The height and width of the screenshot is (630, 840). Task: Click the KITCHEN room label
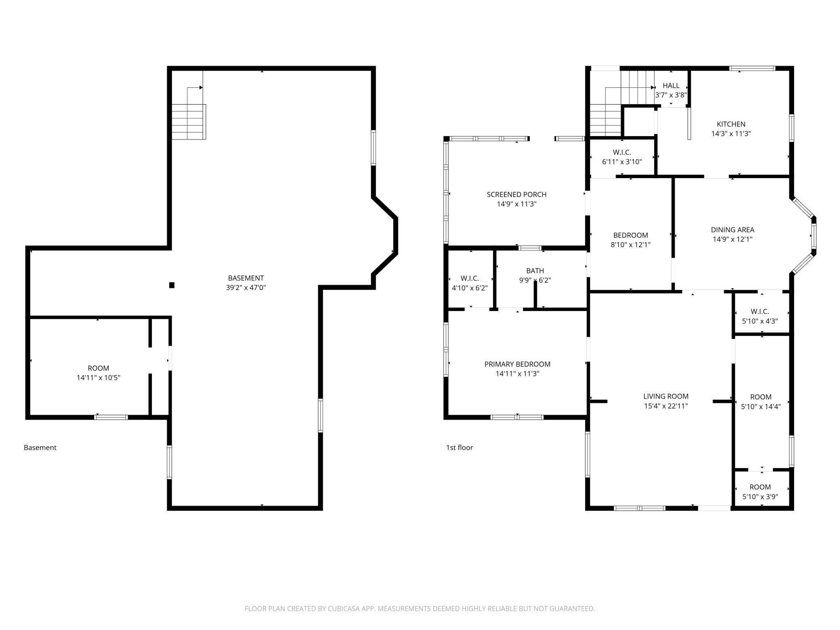tap(731, 124)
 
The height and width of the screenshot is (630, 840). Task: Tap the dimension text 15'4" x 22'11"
tap(666, 406)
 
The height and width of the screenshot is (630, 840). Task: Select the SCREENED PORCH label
tap(517, 195)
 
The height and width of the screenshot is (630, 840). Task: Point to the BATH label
tap(535, 271)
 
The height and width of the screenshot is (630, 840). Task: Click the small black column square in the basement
tap(172, 285)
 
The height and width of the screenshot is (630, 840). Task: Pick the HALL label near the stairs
tap(671, 86)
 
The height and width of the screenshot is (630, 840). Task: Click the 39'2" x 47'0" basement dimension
tap(246, 288)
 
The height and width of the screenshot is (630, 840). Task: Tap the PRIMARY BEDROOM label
tap(517, 364)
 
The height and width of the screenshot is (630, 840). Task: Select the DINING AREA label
tap(733, 230)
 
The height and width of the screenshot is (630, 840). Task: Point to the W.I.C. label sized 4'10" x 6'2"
tap(470, 279)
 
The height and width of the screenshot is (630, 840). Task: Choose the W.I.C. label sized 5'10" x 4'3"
tap(760, 312)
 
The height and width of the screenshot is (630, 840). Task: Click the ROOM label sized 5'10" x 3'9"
tap(760, 487)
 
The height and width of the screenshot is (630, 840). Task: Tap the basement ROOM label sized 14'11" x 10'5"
tap(99, 368)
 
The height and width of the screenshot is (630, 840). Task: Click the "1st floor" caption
tap(460, 447)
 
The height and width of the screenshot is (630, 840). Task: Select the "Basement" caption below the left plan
tap(40, 447)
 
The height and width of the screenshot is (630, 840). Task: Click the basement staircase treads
tap(189, 122)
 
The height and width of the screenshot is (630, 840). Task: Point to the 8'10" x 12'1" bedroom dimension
tap(630, 245)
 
